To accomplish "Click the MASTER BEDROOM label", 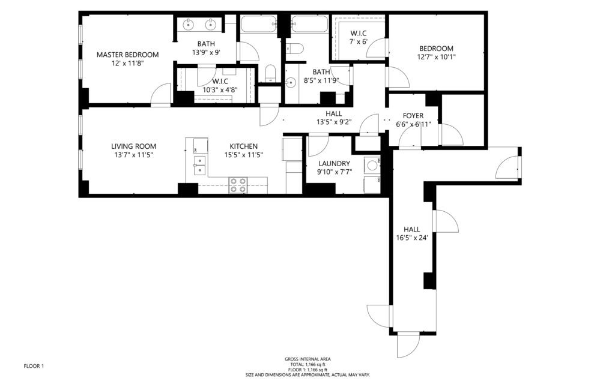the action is pyautogui.click(x=127, y=55).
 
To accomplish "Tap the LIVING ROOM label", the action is pyautogui.click(x=133, y=146).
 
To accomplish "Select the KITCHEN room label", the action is pyautogui.click(x=244, y=146).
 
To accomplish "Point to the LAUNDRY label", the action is pyautogui.click(x=334, y=164).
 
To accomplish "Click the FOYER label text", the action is pyautogui.click(x=413, y=116).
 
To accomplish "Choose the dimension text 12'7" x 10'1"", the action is pyautogui.click(x=436, y=57).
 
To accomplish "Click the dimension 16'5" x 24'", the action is pyautogui.click(x=412, y=238).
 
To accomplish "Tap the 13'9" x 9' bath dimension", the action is pyautogui.click(x=206, y=52).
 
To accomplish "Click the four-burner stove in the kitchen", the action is pyautogui.click(x=238, y=185).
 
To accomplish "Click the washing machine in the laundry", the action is pyautogui.click(x=372, y=166).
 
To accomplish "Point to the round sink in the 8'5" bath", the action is pyautogui.click(x=290, y=83).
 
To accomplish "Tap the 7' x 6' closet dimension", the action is pyautogui.click(x=359, y=41).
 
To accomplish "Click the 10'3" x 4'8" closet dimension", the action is pyautogui.click(x=220, y=90).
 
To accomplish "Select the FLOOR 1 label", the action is pyautogui.click(x=34, y=367).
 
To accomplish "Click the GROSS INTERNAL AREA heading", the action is pyautogui.click(x=307, y=359).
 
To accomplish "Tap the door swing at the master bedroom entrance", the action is pyautogui.click(x=161, y=94).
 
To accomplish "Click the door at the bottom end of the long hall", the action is pyautogui.click(x=408, y=345).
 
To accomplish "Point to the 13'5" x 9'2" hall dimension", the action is pyautogui.click(x=334, y=122).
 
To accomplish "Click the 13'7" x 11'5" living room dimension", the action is pyautogui.click(x=133, y=155).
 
